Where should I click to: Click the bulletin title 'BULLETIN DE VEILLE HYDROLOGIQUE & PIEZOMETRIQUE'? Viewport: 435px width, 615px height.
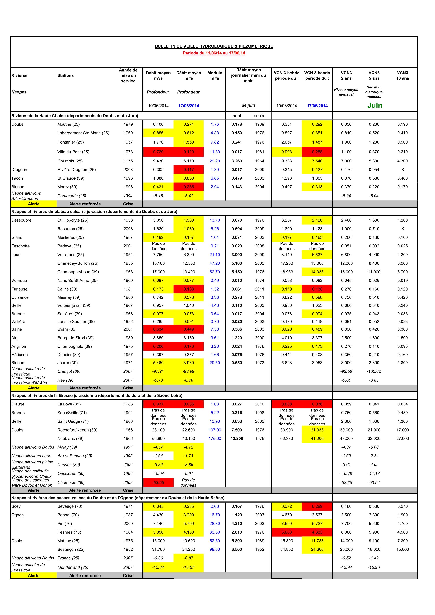(214, 46)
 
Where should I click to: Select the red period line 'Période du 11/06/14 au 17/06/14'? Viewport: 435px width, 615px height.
(214, 53)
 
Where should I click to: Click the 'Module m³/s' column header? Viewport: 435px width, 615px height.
(215, 75)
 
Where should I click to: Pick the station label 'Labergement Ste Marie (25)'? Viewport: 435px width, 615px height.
(83, 133)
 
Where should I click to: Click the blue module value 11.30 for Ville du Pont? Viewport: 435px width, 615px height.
(215, 152)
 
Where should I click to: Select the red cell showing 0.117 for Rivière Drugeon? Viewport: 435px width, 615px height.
(189, 170)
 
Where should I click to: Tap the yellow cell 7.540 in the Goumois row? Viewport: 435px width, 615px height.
(317, 161)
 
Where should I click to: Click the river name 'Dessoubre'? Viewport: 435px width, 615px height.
(21, 220)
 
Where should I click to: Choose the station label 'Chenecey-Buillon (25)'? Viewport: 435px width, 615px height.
(78, 263)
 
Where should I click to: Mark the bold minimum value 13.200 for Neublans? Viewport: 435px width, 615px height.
(237, 439)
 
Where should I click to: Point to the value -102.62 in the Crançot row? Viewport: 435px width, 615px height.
(374, 371)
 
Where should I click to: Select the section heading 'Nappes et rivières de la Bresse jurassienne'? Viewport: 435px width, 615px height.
(97, 395)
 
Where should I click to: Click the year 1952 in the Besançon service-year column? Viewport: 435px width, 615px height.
(128, 549)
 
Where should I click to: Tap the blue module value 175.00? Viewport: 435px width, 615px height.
(215, 439)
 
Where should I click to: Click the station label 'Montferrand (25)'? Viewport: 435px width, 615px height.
(73, 567)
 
